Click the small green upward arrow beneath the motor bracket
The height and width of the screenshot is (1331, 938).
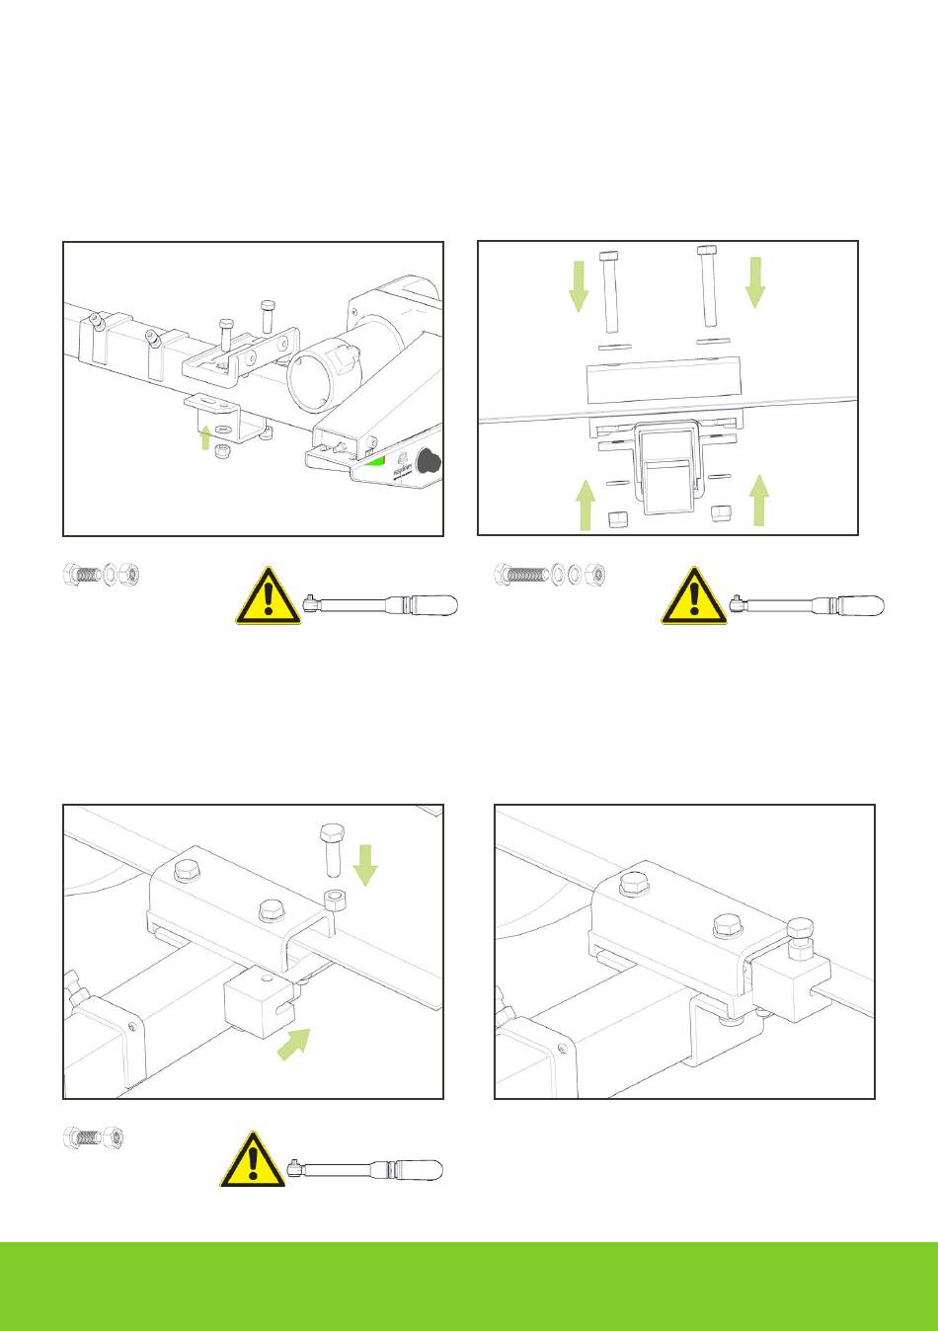(x=206, y=436)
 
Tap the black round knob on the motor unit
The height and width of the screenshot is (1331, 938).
(x=430, y=461)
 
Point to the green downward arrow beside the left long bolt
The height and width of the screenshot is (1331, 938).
(x=579, y=284)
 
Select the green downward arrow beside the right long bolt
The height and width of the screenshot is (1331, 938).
(x=755, y=280)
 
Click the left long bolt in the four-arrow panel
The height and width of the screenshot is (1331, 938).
(x=609, y=292)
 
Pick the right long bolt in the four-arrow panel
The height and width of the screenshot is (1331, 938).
(x=707, y=285)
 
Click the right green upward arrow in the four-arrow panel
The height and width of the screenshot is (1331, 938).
(x=759, y=499)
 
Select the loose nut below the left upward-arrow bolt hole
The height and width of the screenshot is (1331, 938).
(x=618, y=519)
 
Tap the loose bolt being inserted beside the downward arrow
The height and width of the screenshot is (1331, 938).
(x=331, y=848)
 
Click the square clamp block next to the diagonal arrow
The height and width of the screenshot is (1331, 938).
(x=261, y=1000)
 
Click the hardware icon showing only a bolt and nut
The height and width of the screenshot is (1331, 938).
(x=93, y=1137)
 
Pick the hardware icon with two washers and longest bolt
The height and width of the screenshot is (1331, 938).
(x=551, y=574)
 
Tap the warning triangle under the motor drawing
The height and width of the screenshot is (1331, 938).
(x=269, y=596)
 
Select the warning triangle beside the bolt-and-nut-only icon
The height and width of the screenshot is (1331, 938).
(x=253, y=1160)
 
